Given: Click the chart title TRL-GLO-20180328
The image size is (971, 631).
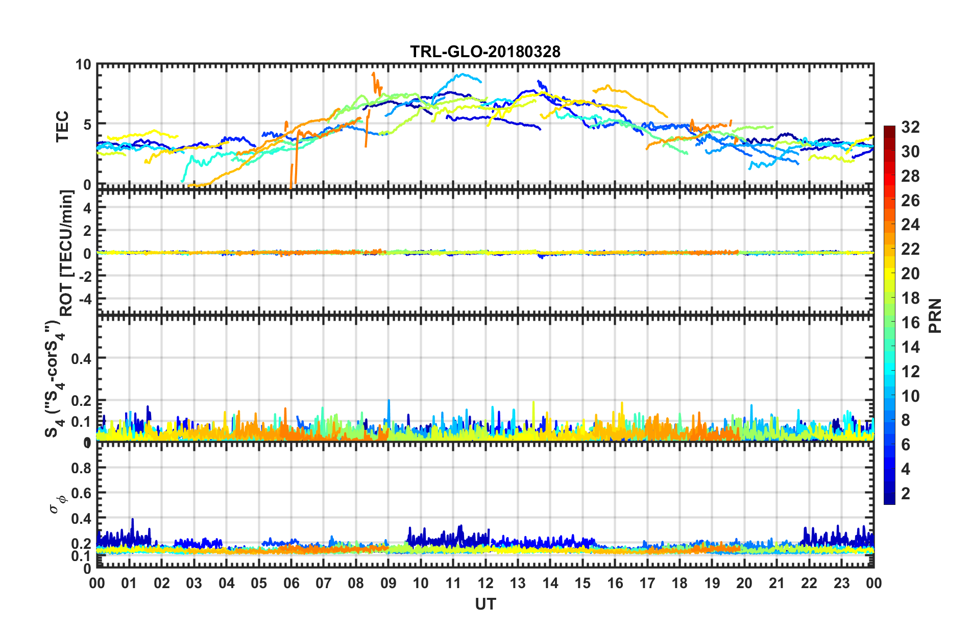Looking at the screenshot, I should tap(485, 52).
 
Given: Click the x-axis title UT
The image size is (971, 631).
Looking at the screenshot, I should tap(485, 604).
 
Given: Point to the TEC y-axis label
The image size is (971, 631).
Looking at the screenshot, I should tap(62, 126).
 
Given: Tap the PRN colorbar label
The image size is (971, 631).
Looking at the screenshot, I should tap(935, 315).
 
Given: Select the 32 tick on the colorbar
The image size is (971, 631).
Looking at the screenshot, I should tap(910, 127).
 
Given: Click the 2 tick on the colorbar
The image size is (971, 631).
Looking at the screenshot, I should tap(906, 493).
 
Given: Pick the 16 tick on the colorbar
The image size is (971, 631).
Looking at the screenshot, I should tap(910, 323).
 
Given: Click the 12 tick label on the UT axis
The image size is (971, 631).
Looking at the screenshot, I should tap(486, 583).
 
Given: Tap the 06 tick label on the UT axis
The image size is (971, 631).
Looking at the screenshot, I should tap(291, 583).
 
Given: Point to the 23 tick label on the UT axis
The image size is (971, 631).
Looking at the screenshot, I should tap(841, 583).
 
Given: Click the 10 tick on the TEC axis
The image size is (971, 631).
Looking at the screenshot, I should tap(83, 65).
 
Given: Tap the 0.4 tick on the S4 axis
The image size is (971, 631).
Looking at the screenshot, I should tap(82, 359).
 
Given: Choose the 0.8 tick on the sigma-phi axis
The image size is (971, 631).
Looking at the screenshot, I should tap(82, 468).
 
